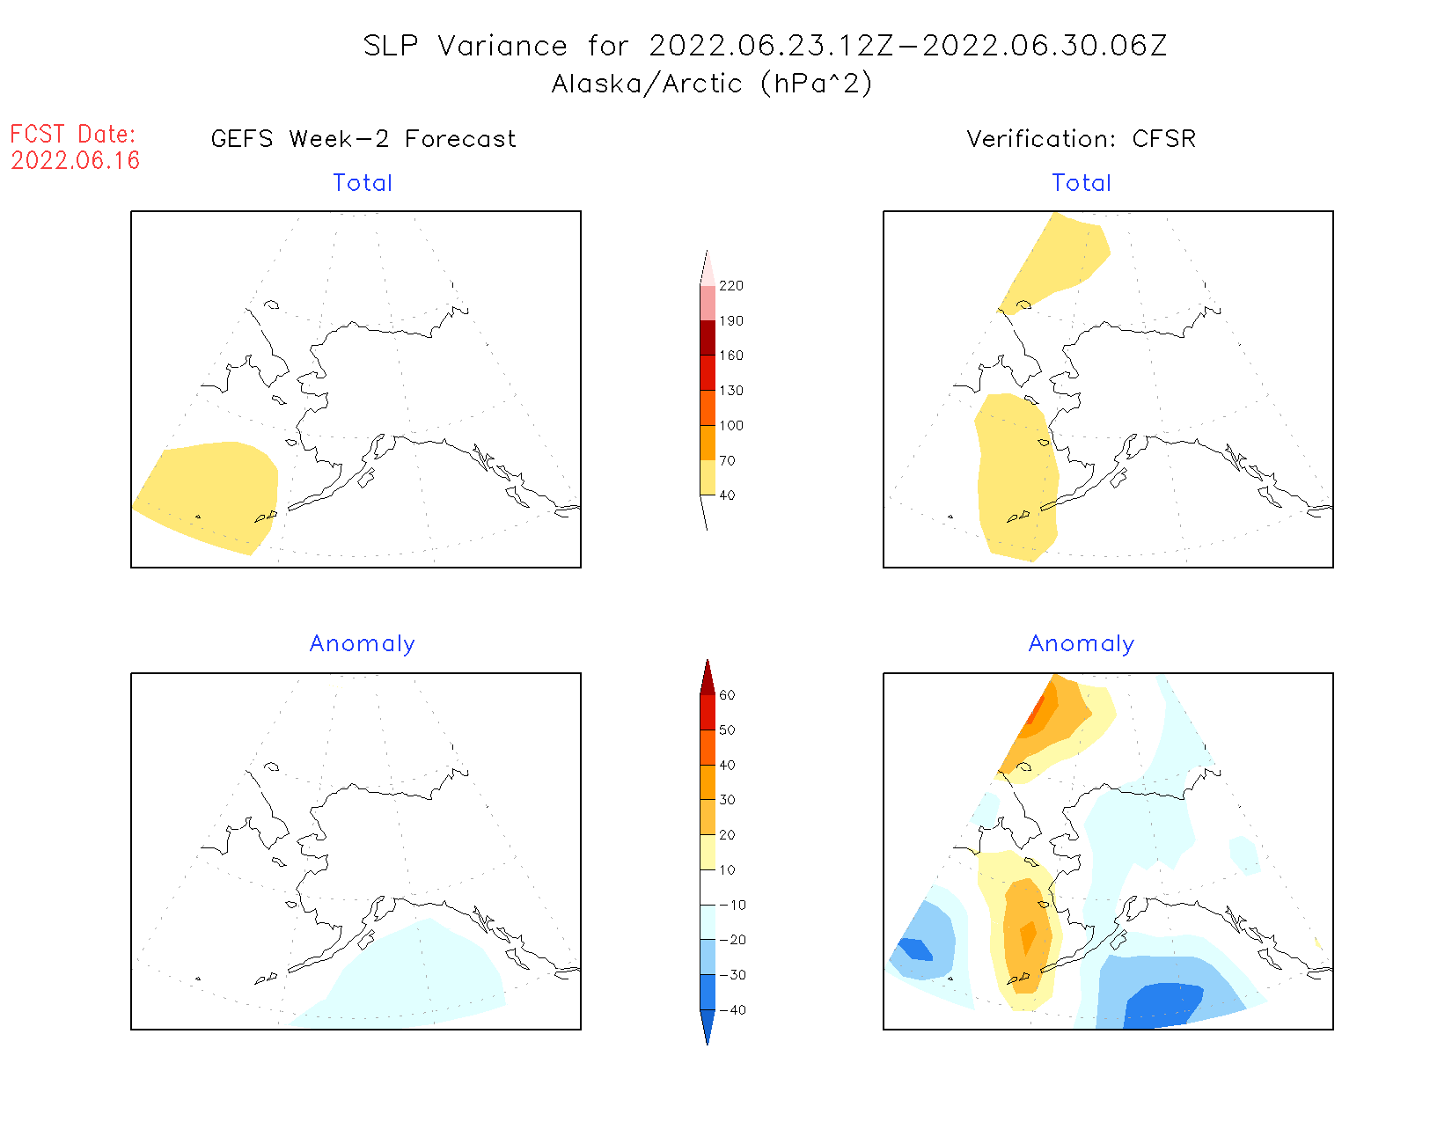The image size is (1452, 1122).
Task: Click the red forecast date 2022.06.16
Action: pos(76,160)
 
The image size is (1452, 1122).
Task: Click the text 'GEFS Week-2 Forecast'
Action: pos(363,139)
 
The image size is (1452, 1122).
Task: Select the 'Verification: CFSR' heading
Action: pos(1081,139)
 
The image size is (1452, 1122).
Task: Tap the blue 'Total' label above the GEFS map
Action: pos(363,183)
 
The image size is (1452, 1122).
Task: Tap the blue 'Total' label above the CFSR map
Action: pos(1082,183)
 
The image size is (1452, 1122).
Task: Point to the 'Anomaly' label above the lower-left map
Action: pos(362,643)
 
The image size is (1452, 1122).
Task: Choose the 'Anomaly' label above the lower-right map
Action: pos(1081,643)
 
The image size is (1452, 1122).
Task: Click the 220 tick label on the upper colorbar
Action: pos(730,286)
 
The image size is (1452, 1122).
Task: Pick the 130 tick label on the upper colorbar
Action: pos(730,391)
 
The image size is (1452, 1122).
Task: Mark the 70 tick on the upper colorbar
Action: pos(727,460)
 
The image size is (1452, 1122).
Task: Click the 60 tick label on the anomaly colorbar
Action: pos(727,695)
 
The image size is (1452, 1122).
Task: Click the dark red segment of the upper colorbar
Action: pos(708,338)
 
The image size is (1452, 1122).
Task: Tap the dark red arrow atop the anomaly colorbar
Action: pos(708,678)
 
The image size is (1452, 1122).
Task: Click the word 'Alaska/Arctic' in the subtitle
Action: pos(647,84)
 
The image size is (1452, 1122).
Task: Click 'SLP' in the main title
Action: pos(391,46)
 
